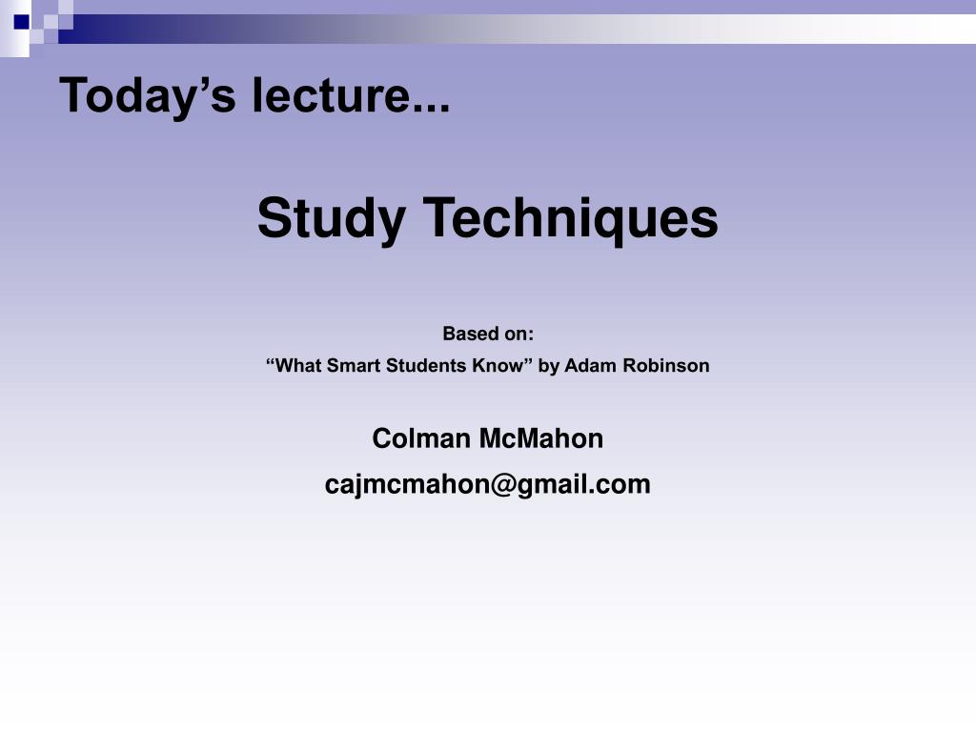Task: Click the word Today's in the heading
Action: coord(148,95)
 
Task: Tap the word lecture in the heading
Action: coord(331,94)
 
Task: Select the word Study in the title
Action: coord(331,219)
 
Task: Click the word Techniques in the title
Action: coord(571,219)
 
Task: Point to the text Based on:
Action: coord(488,334)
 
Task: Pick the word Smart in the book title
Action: coord(354,365)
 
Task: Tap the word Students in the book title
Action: coord(426,365)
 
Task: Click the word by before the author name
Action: coord(548,366)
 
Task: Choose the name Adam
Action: coord(591,365)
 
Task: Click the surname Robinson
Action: coord(666,365)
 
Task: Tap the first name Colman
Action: coord(421,438)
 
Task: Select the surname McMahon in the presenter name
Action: coord(541,438)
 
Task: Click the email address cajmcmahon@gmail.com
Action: coord(487,485)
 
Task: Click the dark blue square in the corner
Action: coord(22,22)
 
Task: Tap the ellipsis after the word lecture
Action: coord(431,107)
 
